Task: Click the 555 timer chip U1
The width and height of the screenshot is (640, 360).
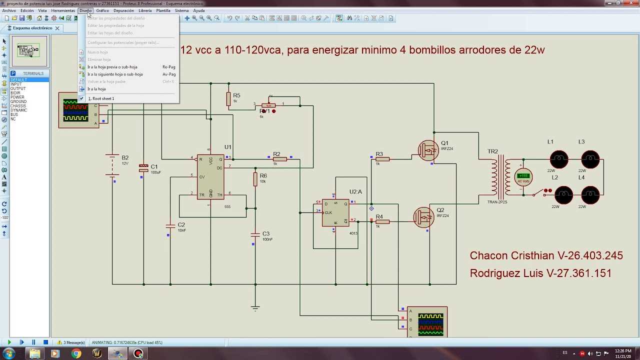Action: click(210, 176)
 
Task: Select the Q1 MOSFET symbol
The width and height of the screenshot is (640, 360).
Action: click(428, 150)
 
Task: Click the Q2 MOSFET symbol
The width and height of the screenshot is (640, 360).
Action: click(424, 217)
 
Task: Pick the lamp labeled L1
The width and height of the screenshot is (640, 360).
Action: click(559, 159)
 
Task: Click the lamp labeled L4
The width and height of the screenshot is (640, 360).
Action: click(590, 195)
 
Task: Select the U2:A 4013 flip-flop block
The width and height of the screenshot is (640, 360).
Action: click(335, 212)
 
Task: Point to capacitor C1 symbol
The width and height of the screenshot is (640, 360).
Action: click(143, 168)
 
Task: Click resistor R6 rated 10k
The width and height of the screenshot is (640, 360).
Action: click(255, 179)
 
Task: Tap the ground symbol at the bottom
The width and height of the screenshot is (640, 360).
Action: click(255, 307)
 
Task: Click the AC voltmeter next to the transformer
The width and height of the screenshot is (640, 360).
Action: click(523, 176)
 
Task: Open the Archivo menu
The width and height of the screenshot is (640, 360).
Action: click(9, 10)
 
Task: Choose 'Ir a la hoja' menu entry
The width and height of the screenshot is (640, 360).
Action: click(96, 89)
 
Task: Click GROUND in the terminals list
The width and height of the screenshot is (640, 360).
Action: click(18, 101)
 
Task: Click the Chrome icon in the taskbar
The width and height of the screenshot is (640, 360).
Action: click(76, 353)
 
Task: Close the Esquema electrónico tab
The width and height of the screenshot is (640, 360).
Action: click(57, 28)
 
